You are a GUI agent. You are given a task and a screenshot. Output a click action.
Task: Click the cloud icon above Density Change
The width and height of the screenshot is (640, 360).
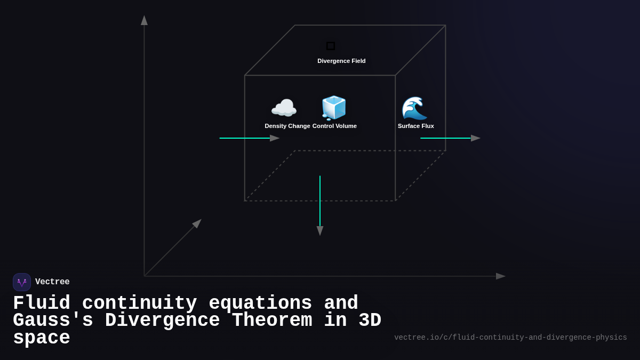[x=284, y=108]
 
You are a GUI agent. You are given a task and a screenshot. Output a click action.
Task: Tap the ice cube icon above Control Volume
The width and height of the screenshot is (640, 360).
[x=334, y=108]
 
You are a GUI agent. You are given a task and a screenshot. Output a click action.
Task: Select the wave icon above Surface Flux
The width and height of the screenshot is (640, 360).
[x=414, y=108]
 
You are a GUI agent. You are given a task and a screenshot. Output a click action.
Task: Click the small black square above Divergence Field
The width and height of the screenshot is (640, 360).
[x=331, y=46]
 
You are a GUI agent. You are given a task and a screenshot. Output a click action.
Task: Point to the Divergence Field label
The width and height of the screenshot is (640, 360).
[x=341, y=61]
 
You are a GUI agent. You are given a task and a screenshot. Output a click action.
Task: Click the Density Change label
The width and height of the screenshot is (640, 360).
[x=287, y=126]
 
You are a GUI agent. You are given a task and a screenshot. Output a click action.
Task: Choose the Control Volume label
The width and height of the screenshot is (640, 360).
[x=334, y=126]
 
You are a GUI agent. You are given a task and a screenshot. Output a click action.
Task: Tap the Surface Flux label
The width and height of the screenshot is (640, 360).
[x=415, y=126]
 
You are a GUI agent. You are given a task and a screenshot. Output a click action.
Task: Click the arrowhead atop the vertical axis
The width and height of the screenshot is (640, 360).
[x=144, y=20]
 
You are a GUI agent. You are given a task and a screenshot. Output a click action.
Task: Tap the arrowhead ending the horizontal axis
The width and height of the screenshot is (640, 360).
[x=500, y=276]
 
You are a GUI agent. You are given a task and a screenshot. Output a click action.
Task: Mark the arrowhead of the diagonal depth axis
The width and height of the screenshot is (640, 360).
[x=197, y=223]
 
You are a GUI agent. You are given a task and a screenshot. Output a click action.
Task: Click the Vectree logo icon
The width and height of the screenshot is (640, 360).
[x=22, y=282]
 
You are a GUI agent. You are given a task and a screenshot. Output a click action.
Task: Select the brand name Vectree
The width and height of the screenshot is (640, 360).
[x=52, y=282]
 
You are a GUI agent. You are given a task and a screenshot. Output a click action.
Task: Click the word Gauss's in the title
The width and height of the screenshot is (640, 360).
[x=53, y=321]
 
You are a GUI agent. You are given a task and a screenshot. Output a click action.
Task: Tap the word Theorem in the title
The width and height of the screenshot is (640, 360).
[x=273, y=321]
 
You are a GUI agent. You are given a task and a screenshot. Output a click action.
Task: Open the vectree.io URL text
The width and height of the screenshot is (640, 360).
[x=510, y=338]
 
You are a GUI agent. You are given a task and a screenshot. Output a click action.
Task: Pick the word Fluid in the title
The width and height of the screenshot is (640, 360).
[x=42, y=303]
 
